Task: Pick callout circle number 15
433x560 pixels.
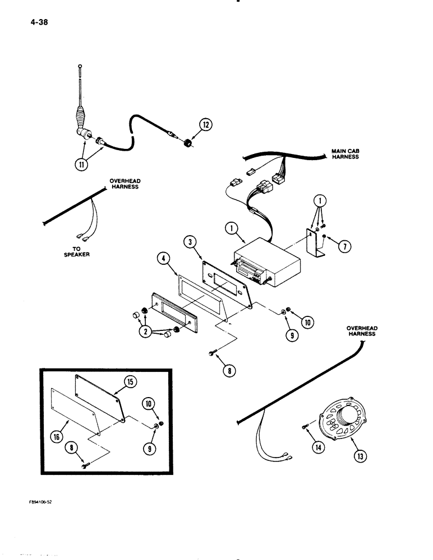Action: pyautogui.click(x=130, y=383)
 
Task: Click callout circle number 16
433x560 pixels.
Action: pyautogui.click(x=57, y=438)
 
